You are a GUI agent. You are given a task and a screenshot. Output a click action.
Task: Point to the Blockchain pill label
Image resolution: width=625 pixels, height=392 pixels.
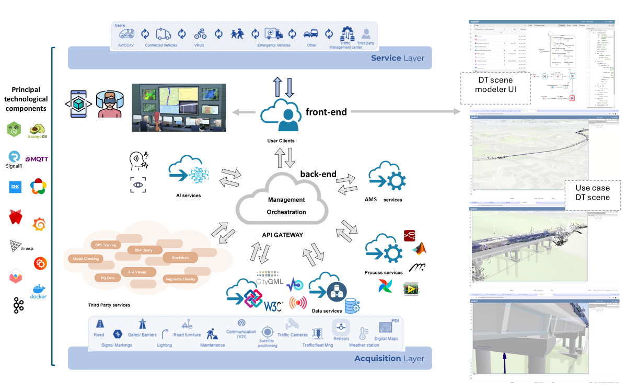point(176,257)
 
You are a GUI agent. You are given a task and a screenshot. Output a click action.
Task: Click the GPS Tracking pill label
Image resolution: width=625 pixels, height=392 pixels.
point(106,245)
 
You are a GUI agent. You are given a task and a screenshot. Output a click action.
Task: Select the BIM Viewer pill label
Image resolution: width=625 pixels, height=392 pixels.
point(137,272)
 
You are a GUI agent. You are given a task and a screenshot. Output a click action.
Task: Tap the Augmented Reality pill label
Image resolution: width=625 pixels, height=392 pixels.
point(180,279)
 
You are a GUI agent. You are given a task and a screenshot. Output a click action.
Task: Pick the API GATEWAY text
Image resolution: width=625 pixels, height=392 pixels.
point(282,235)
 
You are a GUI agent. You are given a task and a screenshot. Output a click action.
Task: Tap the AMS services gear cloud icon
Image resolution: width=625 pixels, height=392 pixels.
point(387,178)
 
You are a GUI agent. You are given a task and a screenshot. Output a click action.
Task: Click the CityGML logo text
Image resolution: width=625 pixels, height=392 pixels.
point(270,282)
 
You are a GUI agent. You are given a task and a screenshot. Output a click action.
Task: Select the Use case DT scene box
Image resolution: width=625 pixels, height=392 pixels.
point(592,193)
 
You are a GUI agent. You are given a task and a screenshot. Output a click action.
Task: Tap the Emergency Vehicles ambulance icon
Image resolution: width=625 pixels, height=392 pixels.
point(274,34)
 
